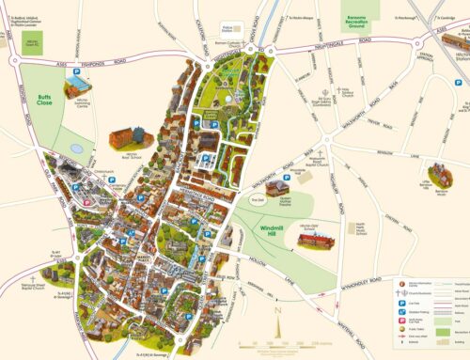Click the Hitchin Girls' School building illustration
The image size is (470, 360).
(x=317, y=242)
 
